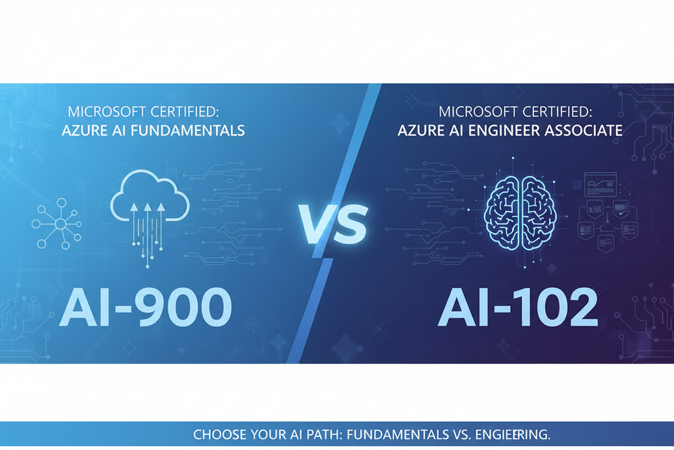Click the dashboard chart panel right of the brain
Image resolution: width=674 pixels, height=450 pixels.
tap(600, 184)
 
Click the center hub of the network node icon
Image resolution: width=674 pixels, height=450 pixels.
tap(60, 225)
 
